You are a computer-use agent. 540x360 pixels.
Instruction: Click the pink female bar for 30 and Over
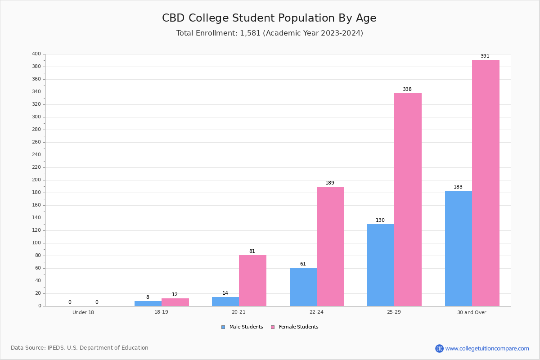[486, 183]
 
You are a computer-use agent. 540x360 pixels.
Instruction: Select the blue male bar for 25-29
[381, 265]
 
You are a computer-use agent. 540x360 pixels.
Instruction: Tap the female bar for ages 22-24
[330, 246]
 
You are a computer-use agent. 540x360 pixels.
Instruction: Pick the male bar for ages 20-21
[225, 301]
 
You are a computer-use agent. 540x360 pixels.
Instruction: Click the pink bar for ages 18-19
[175, 302]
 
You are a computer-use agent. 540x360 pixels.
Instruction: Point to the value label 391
[485, 56]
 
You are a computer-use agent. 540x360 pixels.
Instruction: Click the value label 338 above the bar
[407, 90]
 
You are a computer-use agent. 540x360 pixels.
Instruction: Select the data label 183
[458, 187]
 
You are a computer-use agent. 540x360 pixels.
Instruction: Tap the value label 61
[303, 264]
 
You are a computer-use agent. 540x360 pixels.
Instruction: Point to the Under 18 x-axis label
[83, 312]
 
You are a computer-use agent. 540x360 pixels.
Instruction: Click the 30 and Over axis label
[472, 312]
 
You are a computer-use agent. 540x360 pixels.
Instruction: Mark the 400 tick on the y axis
[36, 54]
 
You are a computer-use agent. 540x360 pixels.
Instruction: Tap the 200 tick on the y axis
[36, 180]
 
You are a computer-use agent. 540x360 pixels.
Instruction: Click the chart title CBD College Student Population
[269, 18]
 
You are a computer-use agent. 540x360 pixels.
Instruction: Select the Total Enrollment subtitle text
[270, 33]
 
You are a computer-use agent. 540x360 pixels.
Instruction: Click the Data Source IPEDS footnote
[80, 348]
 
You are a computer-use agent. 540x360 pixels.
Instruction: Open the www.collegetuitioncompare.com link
[487, 348]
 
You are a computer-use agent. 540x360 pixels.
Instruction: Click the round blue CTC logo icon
[439, 348]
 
